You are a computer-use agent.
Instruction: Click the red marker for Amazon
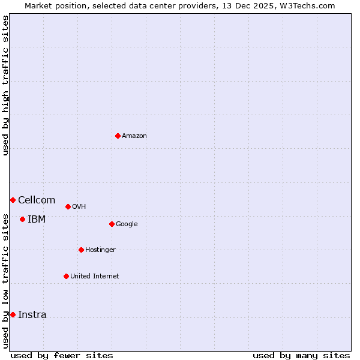(118, 136)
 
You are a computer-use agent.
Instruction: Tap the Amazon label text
(134, 136)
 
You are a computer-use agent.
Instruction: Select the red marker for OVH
(68, 206)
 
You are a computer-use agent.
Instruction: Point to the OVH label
(79, 207)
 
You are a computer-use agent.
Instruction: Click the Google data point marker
(112, 224)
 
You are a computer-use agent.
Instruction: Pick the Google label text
(127, 224)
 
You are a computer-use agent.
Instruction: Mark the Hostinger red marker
(81, 250)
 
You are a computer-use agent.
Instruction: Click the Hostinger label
(100, 250)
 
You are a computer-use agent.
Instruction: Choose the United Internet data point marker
(66, 276)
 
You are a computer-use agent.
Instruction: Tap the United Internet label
(94, 277)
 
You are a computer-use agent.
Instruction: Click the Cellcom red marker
(13, 200)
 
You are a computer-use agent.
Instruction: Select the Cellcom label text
(37, 200)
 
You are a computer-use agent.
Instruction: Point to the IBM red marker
(22, 219)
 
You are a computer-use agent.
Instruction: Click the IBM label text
(37, 220)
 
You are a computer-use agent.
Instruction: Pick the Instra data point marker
(13, 314)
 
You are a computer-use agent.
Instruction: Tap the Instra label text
(32, 315)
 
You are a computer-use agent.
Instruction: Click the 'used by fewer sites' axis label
(62, 355)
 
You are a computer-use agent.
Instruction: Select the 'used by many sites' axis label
(301, 355)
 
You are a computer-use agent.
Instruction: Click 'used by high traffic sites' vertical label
(5, 85)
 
